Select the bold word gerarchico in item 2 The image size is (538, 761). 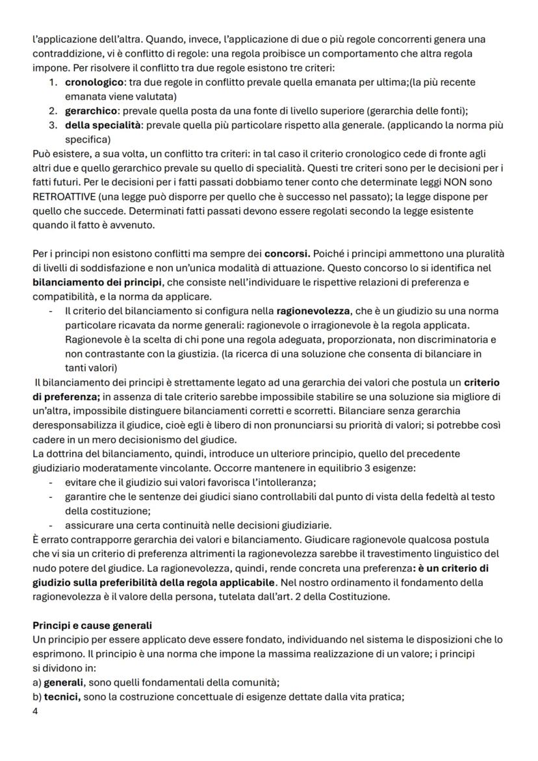coord(90,110)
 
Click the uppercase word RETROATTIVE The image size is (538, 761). coord(62,196)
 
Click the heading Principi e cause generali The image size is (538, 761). coord(92,625)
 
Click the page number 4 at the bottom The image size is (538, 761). coord(35,711)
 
